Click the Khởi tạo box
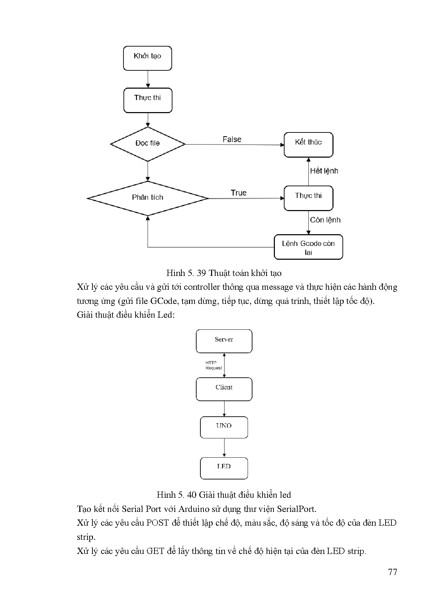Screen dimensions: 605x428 coord(147,58)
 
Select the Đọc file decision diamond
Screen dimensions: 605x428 coord(148,143)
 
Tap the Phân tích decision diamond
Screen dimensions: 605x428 coord(148,198)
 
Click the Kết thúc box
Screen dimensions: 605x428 coord(308,144)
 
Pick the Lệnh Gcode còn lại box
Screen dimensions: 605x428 coord(308,247)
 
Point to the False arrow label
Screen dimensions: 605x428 coord(232,139)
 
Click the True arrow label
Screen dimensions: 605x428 coord(239,193)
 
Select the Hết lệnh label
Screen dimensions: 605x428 coord(324,171)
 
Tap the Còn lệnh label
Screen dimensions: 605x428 coord(325,220)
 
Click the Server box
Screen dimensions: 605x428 coord(224,341)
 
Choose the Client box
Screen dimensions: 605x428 coord(224,389)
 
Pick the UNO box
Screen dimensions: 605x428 coord(224,427)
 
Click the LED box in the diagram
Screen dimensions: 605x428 coord(224,468)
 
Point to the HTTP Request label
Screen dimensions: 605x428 coord(213,365)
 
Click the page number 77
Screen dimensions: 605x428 coord(392,572)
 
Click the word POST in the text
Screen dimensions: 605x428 coord(157,523)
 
